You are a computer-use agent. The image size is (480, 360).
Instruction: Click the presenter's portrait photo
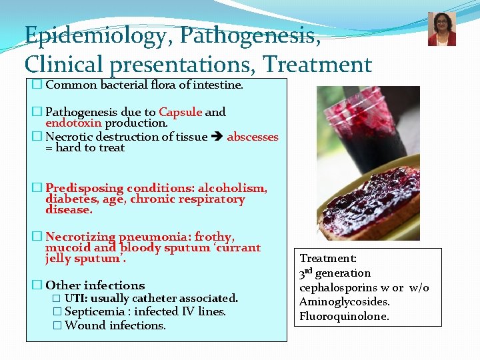(x=441, y=29)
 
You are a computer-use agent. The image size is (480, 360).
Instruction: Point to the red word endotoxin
(x=73, y=123)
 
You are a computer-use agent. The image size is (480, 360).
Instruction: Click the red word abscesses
(x=253, y=137)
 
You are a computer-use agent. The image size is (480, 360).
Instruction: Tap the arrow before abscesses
(x=217, y=137)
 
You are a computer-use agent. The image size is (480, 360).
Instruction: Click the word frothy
(x=214, y=237)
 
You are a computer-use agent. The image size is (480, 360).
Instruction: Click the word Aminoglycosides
(x=344, y=302)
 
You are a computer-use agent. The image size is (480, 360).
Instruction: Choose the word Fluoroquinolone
(x=344, y=316)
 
